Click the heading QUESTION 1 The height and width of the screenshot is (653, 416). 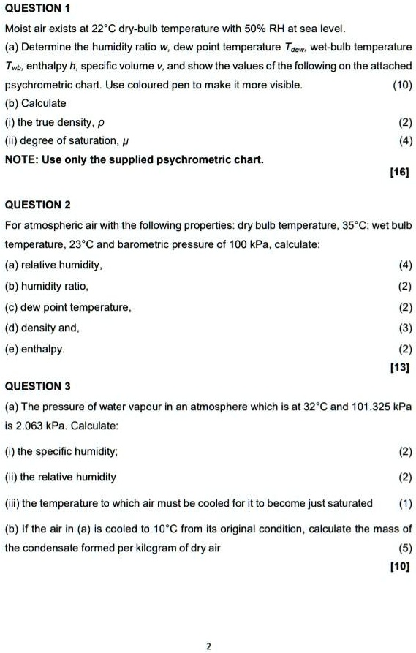[x=37, y=10]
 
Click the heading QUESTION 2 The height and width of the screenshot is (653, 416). [x=37, y=205]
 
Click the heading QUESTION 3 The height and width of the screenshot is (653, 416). [x=37, y=385]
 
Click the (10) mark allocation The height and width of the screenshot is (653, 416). [x=401, y=85]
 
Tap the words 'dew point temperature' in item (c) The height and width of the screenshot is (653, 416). [x=77, y=307]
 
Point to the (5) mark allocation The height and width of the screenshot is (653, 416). [x=404, y=547]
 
